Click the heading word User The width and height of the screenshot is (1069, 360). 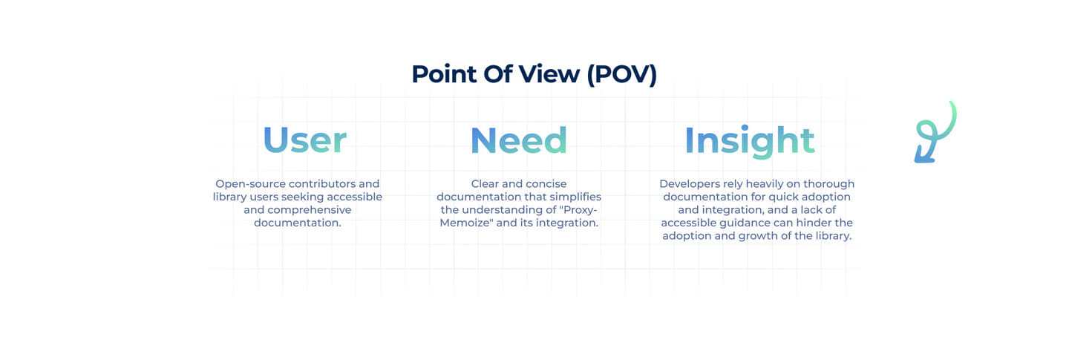304,140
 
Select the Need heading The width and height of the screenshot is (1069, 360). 519,140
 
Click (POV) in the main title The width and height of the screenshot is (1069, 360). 622,74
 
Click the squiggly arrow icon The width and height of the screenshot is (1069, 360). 935,132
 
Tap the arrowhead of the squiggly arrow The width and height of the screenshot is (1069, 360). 923,155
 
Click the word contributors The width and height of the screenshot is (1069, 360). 322,184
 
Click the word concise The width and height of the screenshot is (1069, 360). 546,184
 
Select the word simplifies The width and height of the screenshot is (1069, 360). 575,197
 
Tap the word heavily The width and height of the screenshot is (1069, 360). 765,184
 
